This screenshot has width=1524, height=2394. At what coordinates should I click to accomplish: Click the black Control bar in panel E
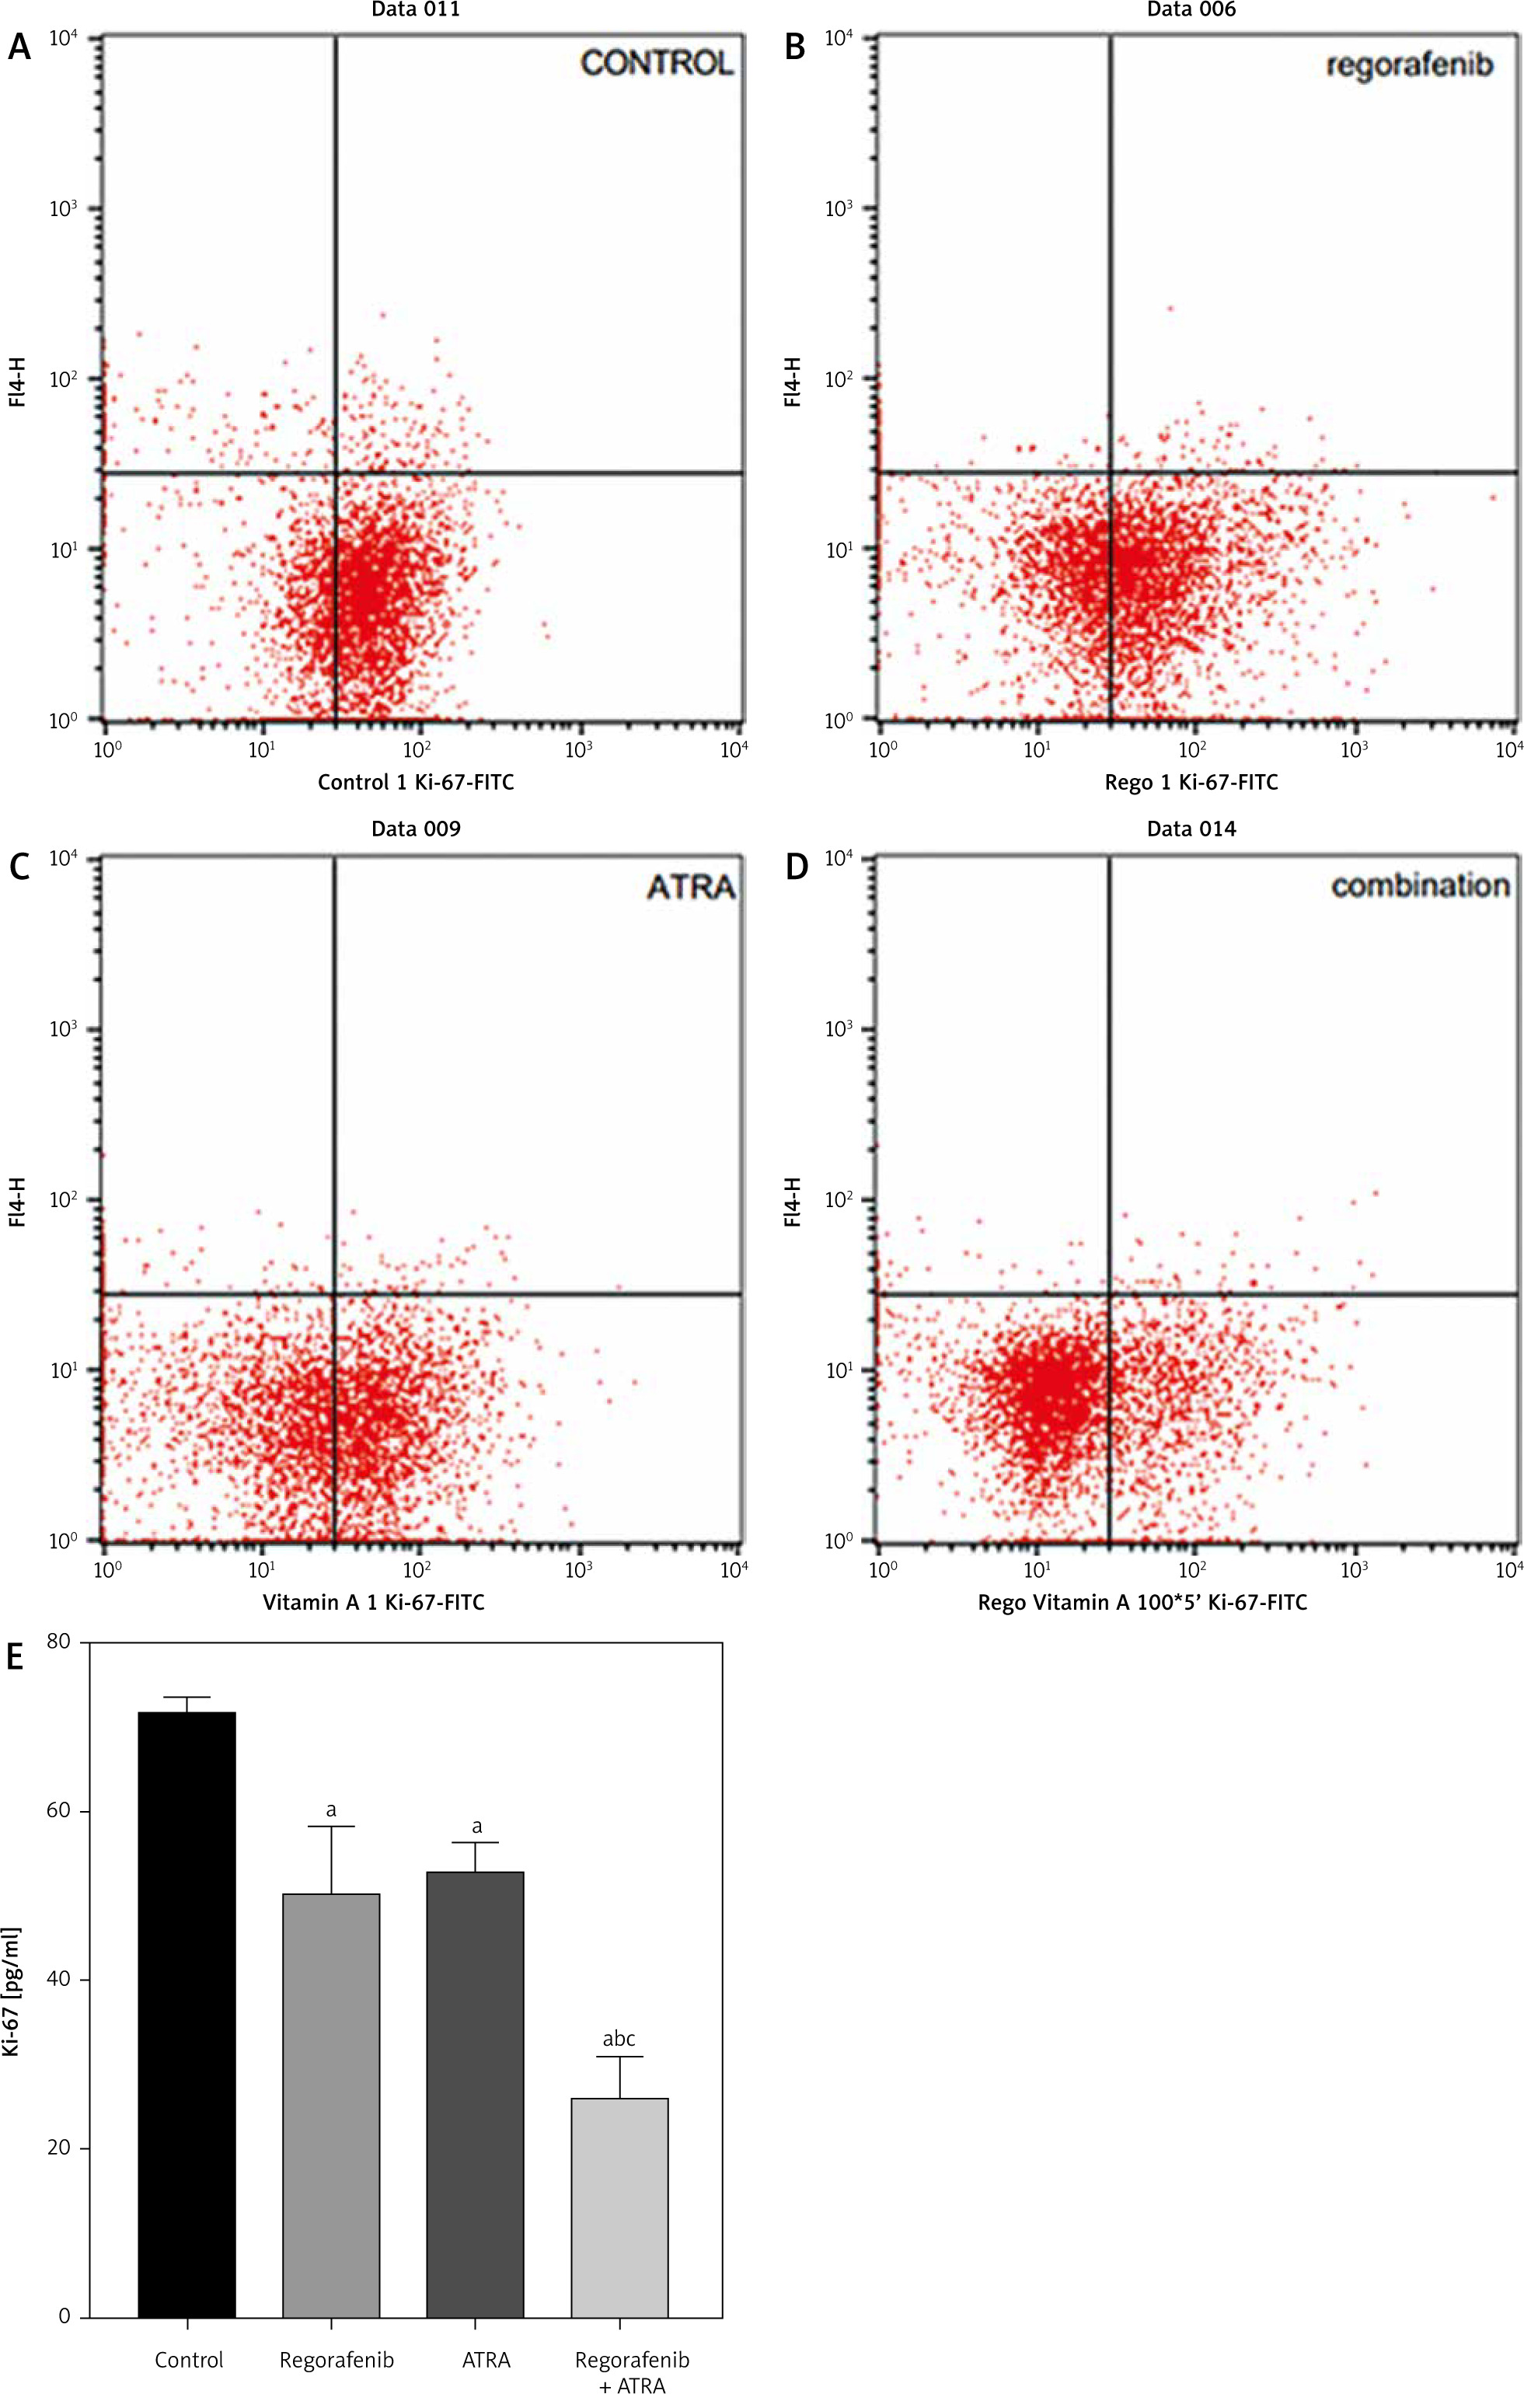pyautogui.click(x=187, y=2068)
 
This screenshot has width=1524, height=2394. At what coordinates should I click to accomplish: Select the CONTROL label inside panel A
pyautogui.click(x=656, y=64)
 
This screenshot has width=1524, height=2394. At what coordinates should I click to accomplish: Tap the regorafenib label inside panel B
pyautogui.click(x=1410, y=65)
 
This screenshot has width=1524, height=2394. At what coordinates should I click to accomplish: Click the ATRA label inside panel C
pyautogui.click(x=691, y=886)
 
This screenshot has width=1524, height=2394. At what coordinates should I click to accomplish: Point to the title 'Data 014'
pyautogui.click(x=1191, y=829)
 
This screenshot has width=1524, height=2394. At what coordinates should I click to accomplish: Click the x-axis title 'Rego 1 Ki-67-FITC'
pyautogui.click(x=1191, y=783)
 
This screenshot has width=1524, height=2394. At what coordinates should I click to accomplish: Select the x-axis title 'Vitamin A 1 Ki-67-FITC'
pyautogui.click(x=374, y=1602)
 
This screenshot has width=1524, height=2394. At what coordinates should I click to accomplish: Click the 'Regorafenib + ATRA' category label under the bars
pyautogui.click(x=633, y=2365)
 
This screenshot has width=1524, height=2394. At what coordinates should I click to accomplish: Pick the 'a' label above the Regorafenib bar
pyautogui.click(x=331, y=1809)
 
